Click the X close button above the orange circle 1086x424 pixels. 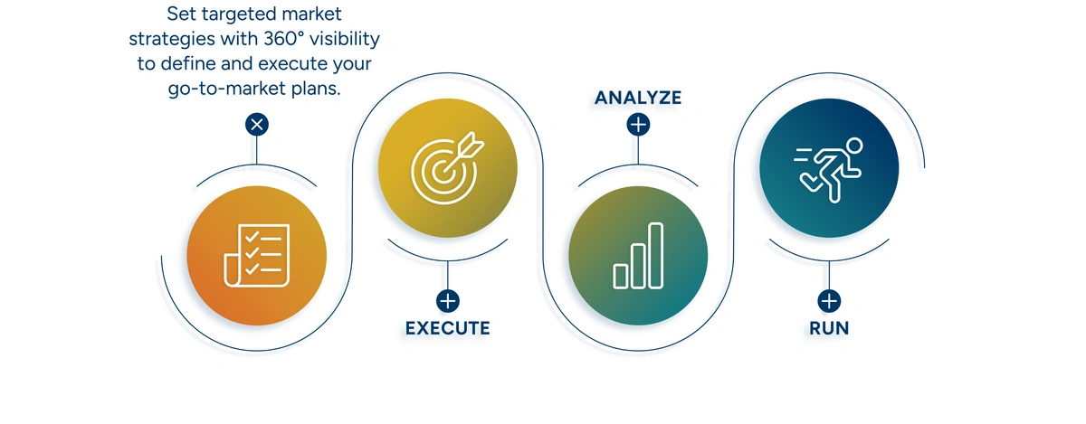point(257,125)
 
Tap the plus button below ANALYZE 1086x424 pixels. point(638,125)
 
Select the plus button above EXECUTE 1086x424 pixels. point(447,301)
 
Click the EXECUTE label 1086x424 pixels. point(447,328)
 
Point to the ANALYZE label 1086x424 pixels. point(638,98)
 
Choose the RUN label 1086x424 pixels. point(829,328)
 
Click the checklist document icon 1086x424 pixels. point(256,255)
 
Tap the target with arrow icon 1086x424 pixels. point(447,167)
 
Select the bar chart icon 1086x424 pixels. point(638,255)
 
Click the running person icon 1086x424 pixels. point(829,170)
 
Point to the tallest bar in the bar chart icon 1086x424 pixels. point(655,255)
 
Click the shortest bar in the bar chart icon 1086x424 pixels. point(621,277)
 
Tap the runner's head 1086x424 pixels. point(854,146)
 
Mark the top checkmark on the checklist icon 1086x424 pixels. point(252,237)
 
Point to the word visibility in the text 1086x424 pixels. point(345,39)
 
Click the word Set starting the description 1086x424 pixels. point(181,14)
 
